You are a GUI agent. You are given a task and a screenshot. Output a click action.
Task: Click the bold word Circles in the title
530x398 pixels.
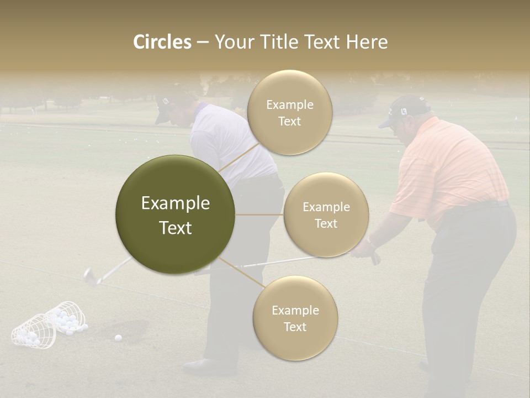point(162,42)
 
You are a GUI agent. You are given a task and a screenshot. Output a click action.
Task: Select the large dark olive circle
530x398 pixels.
point(175,215)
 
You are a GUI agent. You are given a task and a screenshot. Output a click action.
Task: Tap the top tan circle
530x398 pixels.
point(289,112)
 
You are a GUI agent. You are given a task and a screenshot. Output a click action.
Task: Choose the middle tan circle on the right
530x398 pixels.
point(326,215)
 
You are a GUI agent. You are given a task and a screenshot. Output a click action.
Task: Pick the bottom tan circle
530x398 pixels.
point(295,318)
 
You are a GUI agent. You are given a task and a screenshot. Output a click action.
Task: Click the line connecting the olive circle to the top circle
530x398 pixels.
point(239,157)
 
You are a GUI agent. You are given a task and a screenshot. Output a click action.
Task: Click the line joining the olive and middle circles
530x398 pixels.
point(259,214)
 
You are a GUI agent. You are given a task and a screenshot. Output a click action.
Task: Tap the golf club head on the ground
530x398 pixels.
point(90,276)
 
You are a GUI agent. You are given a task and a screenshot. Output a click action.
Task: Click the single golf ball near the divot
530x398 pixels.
point(118,337)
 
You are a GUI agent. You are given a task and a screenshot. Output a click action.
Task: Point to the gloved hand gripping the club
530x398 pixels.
point(364,249)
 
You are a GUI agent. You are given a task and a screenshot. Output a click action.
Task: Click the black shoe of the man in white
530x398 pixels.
point(202,365)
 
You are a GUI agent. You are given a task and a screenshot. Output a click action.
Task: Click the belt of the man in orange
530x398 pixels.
point(486,206)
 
